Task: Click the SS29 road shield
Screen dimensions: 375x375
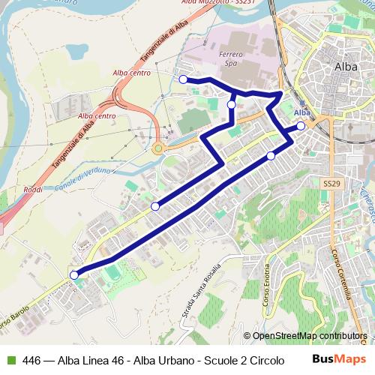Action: pyautogui.click(x=331, y=183)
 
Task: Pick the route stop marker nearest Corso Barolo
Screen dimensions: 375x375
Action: pyautogui.click(x=74, y=275)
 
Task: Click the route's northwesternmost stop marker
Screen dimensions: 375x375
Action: pyautogui.click(x=183, y=79)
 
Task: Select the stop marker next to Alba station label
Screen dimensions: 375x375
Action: pyautogui.click(x=301, y=125)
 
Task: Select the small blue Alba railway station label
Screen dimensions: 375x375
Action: pyautogui.click(x=302, y=113)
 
